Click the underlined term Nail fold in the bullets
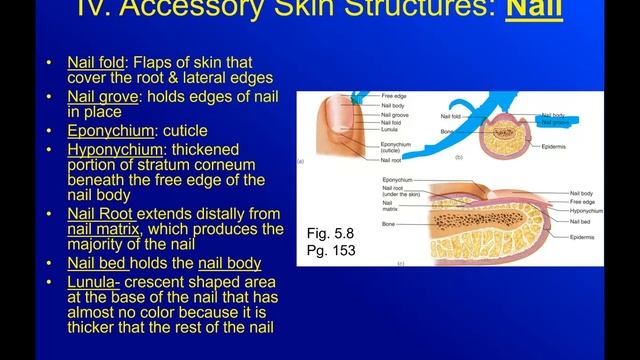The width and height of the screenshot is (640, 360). coord(95,62)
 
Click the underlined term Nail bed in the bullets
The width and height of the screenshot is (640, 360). coord(94,264)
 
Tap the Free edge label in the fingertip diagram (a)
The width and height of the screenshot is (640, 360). coord(393,97)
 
